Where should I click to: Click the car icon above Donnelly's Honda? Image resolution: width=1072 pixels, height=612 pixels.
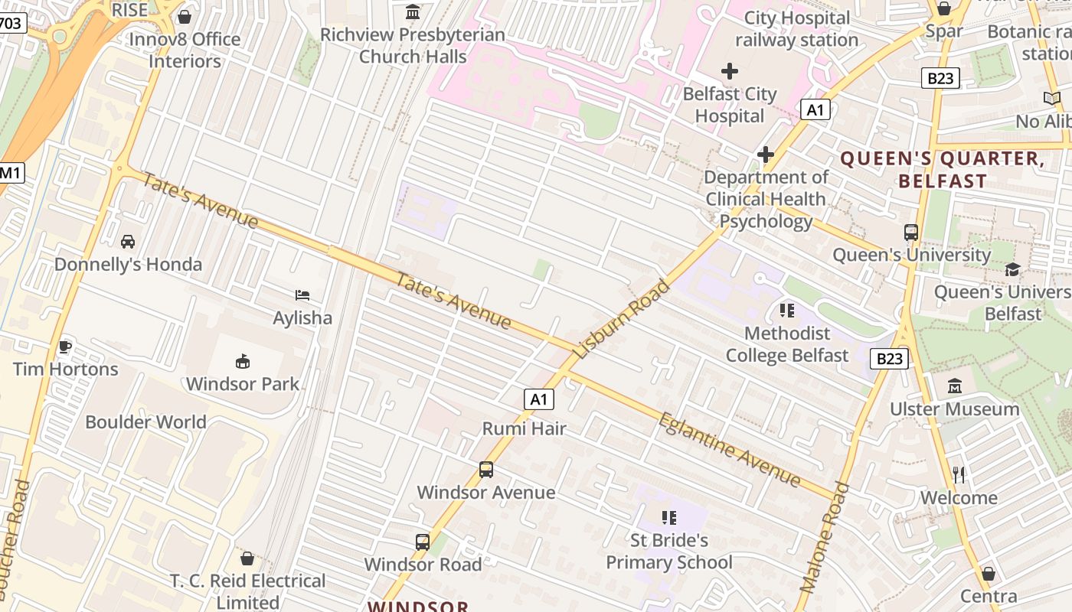click(128, 242)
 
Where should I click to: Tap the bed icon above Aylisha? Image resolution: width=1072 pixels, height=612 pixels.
click(302, 295)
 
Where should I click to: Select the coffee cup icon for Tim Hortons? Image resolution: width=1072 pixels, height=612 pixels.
click(65, 347)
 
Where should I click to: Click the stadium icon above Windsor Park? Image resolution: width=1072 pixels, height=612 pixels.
click(243, 360)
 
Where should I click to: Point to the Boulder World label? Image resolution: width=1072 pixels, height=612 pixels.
click(145, 422)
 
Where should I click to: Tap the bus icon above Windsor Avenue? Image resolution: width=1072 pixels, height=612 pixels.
click(486, 470)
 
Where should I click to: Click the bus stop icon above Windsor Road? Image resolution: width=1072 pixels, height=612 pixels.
click(422, 542)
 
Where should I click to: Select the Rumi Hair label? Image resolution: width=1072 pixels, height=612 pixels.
click(525, 429)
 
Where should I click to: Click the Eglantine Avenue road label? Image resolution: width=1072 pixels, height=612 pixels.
click(730, 450)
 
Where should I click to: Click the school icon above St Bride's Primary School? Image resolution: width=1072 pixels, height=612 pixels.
click(669, 518)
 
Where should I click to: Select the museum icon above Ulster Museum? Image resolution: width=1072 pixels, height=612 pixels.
click(954, 386)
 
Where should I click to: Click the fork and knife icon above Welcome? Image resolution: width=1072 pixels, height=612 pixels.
click(959, 475)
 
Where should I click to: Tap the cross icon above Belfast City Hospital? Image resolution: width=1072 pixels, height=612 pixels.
click(730, 72)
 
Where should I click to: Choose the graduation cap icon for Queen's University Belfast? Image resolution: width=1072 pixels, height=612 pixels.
click(1013, 270)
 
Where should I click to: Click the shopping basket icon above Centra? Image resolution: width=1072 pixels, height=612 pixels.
click(989, 574)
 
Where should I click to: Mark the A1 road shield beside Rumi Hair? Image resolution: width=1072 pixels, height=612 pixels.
click(539, 399)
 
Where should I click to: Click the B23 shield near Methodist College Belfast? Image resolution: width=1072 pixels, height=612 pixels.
click(889, 358)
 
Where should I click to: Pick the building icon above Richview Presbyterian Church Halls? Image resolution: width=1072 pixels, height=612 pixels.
click(413, 12)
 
